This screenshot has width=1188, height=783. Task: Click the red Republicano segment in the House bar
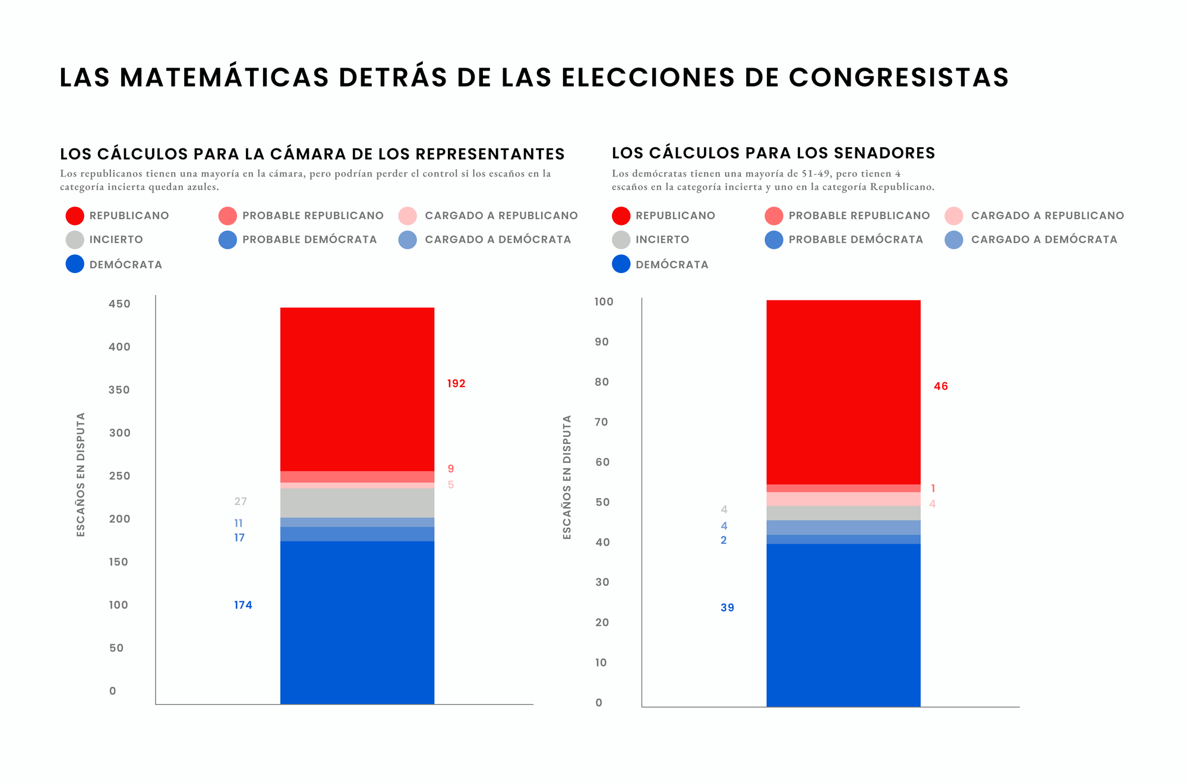[357, 389]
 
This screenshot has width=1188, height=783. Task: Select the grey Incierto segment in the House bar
[357, 503]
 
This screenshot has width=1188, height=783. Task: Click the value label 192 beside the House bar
[456, 383]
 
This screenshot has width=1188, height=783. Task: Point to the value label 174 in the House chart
[243, 605]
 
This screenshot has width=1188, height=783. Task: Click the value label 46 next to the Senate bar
[941, 386]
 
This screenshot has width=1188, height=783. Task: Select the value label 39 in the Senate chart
[727, 607]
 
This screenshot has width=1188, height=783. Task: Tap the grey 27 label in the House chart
[240, 502]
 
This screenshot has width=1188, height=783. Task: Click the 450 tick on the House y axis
[119, 304]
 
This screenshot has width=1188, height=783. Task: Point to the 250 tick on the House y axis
[119, 476]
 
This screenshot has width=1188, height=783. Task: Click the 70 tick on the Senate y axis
[601, 422]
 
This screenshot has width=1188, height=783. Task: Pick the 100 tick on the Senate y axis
[604, 302]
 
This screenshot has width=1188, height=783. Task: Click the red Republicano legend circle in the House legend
[75, 215]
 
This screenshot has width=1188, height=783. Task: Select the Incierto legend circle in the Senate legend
[621, 240]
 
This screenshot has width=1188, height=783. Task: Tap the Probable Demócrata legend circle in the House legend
[228, 240]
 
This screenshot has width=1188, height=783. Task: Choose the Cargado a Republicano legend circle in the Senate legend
[953, 215]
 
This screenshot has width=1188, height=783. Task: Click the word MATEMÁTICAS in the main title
[224, 77]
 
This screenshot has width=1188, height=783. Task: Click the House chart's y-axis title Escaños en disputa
[81, 474]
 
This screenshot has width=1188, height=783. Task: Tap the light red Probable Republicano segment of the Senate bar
[843, 489]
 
